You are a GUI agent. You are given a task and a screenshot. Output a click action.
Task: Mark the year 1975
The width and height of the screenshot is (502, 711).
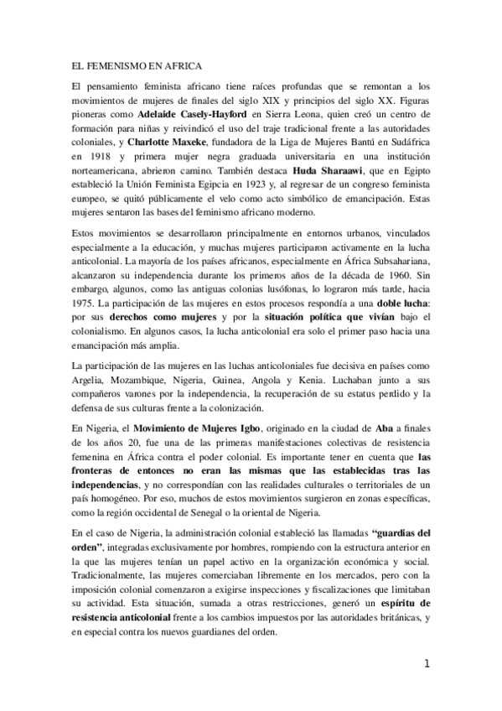coord(82,281)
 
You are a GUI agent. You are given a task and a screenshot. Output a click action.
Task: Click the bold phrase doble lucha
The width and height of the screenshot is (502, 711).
coord(399,281)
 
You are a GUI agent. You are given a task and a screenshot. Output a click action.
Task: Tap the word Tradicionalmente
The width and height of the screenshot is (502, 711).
coord(106,563)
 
